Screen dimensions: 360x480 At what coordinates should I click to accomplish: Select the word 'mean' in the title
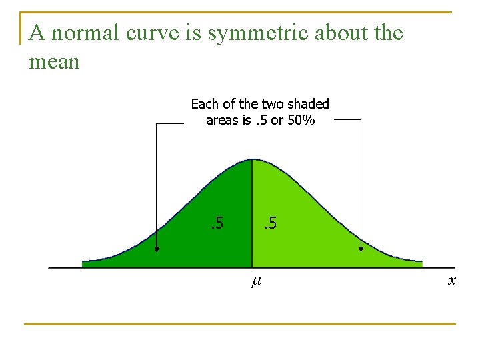pos(54,62)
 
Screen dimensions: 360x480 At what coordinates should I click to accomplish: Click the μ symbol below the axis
pos(255,282)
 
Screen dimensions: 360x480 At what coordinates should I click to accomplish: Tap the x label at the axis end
pos(452,281)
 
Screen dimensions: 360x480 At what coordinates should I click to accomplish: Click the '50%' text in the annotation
pos(301,120)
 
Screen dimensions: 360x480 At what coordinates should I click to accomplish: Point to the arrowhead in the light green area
pos(361,249)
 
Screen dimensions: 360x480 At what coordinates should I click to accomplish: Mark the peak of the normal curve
pos(252,159)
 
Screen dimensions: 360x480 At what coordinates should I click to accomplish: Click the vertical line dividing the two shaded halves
pos(252,213)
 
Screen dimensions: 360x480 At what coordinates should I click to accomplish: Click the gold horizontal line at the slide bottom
pos(240,325)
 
